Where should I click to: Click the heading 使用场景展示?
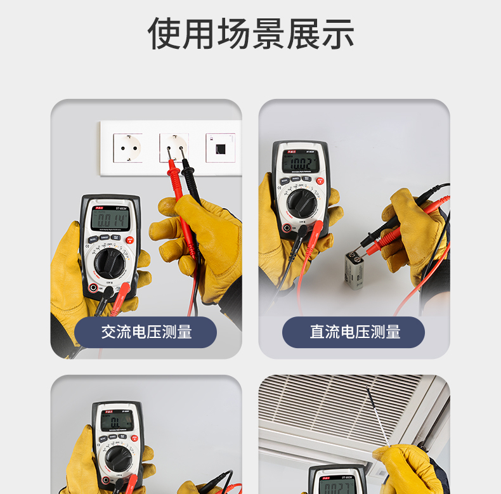(x=251, y=33)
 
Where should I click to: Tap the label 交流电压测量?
(x=146, y=332)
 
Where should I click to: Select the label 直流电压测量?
(x=353, y=332)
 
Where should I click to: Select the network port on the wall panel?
(x=220, y=148)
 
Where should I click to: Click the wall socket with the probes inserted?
(x=174, y=148)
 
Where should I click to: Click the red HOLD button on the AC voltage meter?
(x=129, y=240)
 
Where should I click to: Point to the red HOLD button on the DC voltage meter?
(x=320, y=180)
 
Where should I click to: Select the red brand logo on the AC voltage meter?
(x=98, y=207)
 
